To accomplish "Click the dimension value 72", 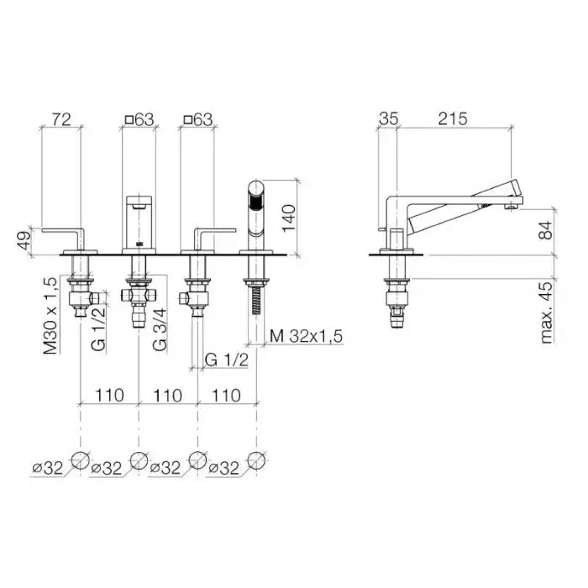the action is pyautogui.click(x=61, y=119).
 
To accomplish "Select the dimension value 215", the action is pyautogui.click(x=453, y=119).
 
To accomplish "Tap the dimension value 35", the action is pyautogui.click(x=388, y=119).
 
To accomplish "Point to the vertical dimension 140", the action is pyautogui.click(x=289, y=218).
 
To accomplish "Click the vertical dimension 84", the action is pyautogui.click(x=546, y=230).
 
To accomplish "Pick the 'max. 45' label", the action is pyautogui.click(x=547, y=312).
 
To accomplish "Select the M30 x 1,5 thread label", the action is pyautogui.click(x=50, y=316).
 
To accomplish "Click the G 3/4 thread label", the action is pyautogui.click(x=160, y=330).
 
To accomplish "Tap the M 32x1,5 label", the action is pyautogui.click(x=306, y=336).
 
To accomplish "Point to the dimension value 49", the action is pyautogui.click(x=23, y=242).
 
